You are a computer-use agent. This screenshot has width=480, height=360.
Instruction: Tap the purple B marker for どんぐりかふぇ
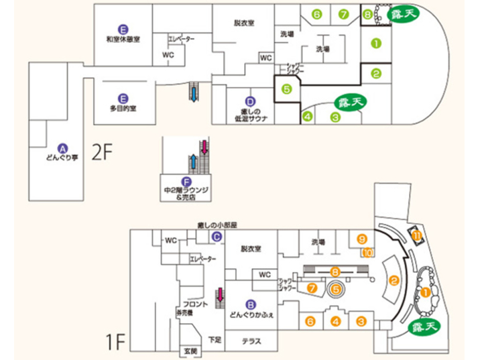(251, 303)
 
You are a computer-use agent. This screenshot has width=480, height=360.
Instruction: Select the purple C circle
(217, 236)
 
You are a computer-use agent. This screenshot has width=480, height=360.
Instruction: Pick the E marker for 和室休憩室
(122, 29)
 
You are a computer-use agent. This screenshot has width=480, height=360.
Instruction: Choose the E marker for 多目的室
(122, 97)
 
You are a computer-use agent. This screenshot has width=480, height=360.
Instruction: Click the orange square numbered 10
(367, 253)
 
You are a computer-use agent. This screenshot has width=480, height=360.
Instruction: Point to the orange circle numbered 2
(394, 281)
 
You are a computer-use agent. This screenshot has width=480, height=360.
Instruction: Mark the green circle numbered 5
(286, 88)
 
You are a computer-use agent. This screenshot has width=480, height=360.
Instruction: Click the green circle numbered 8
(367, 13)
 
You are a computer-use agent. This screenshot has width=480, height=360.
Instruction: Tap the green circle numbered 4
(308, 117)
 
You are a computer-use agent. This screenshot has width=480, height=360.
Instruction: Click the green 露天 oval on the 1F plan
(423, 327)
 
